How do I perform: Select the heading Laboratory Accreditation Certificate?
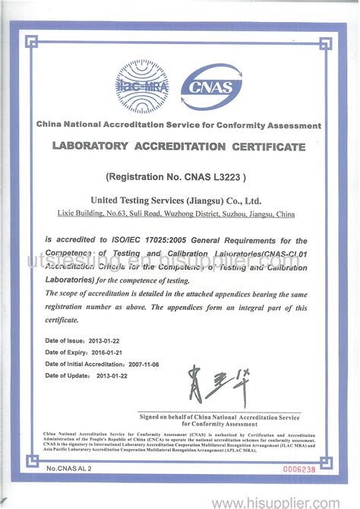click(179, 145)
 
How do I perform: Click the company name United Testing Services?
click(175, 200)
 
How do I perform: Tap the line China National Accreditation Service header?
click(179, 125)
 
